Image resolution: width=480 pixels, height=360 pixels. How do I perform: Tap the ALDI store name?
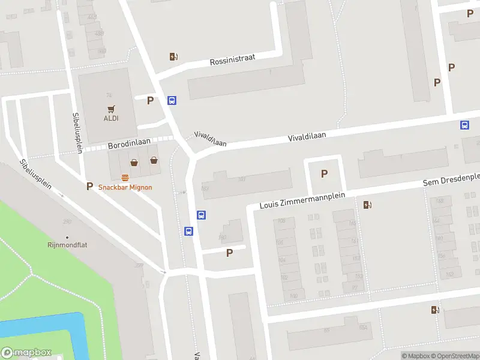(110, 118)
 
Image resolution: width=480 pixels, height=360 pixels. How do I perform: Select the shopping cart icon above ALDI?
(111, 109)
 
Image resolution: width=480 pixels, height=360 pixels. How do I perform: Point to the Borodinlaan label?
(127, 146)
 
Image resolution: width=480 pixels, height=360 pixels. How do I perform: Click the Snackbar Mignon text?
(125, 187)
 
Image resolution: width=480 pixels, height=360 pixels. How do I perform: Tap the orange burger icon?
(125, 178)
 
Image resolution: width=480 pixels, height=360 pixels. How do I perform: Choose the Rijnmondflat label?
(67, 245)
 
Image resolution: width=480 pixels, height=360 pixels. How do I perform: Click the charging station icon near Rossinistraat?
(173, 57)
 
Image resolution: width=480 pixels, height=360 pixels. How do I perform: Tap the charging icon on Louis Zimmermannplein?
(367, 205)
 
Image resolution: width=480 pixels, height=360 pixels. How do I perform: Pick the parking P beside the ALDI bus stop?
(151, 101)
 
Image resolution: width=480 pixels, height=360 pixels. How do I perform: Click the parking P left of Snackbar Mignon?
(90, 187)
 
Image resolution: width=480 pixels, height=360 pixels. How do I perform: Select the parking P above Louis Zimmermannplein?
(325, 174)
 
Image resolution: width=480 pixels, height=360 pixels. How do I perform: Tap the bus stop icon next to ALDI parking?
(172, 101)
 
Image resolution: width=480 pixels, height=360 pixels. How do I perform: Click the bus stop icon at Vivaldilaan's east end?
(464, 125)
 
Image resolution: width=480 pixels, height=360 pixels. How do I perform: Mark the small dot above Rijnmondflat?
(67, 238)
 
